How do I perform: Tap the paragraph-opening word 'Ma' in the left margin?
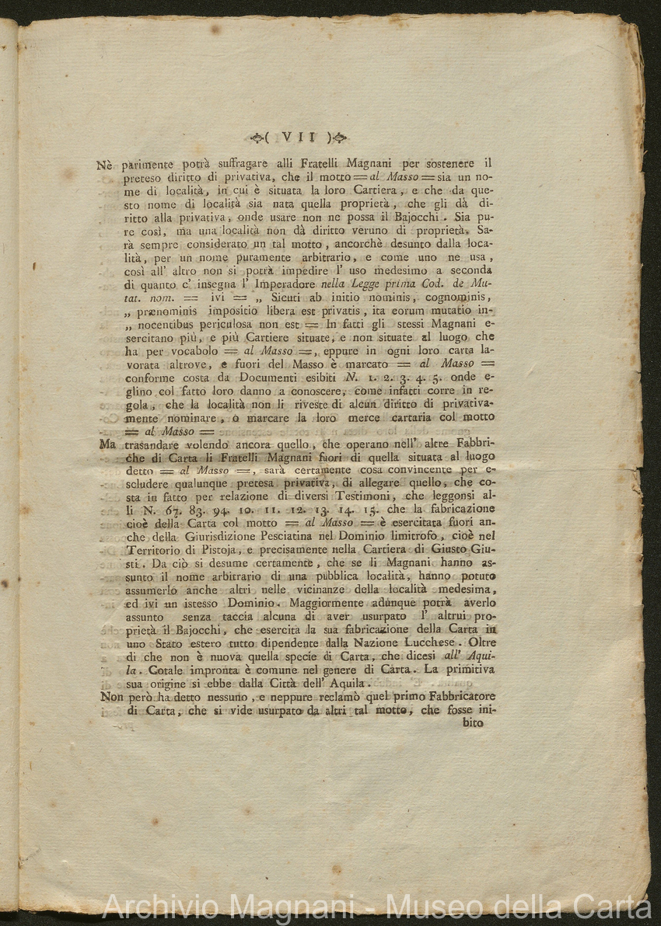(x=109, y=444)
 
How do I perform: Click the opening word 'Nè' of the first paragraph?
(x=106, y=164)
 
